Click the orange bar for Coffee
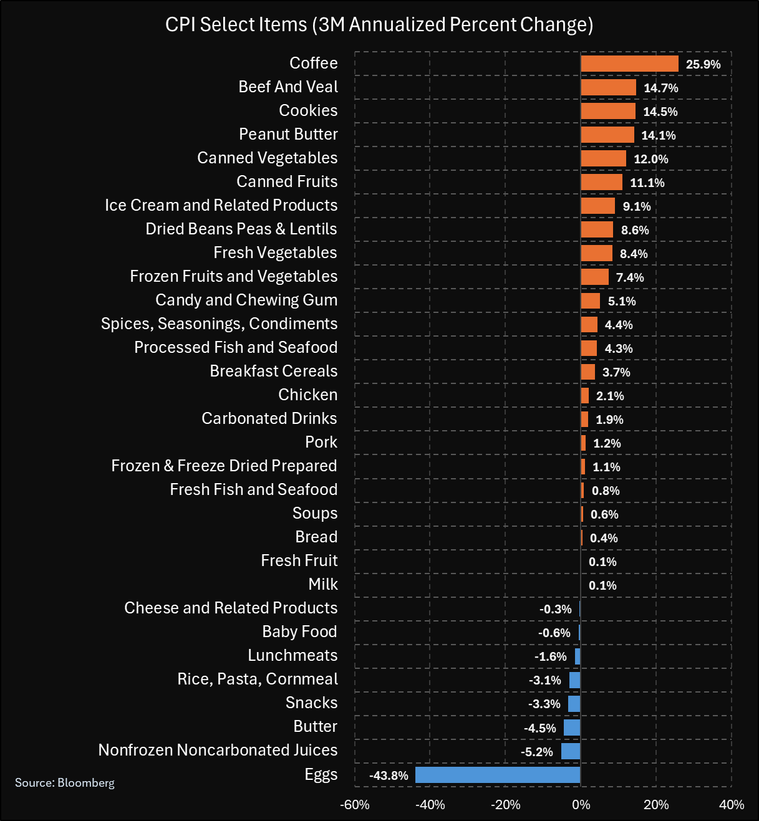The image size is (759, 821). (x=629, y=64)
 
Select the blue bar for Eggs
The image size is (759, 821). (x=498, y=775)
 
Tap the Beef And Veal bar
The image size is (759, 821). (x=608, y=87)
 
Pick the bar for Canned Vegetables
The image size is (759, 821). (x=603, y=158)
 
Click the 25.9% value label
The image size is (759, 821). (x=703, y=64)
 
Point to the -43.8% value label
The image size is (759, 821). (x=389, y=775)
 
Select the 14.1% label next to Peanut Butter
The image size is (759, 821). (x=658, y=135)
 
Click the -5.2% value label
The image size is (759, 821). (x=536, y=752)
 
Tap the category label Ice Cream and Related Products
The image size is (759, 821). (x=221, y=205)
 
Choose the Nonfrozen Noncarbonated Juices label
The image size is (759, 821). (x=218, y=750)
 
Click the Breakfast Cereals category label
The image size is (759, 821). (x=273, y=371)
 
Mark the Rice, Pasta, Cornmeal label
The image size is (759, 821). (x=257, y=679)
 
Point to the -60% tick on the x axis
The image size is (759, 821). (x=355, y=805)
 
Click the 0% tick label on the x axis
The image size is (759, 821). (x=581, y=805)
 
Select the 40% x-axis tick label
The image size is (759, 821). (x=731, y=805)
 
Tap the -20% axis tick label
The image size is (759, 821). (x=505, y=805)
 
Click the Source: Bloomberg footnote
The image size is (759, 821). (x=65, y=782)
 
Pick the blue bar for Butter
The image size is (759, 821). (x=572, y=727)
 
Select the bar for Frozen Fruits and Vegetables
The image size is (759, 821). (x=594, y=277)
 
